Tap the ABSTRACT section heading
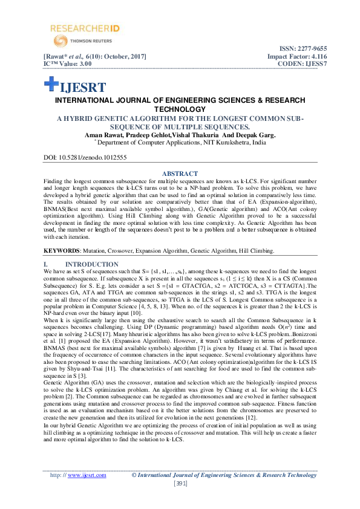tap(180, 173)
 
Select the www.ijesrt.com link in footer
tap(87, 475)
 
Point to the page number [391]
tap(180, 484)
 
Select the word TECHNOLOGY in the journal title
tap(180, 109)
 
